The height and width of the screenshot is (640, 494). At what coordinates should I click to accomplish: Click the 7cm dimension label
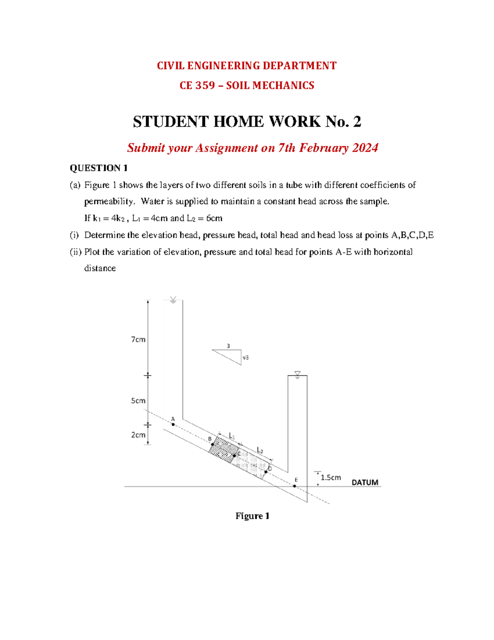point(138,340)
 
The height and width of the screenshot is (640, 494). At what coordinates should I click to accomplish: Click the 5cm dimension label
point(138,401)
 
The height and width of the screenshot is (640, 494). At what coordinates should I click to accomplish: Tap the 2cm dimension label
point(138,435)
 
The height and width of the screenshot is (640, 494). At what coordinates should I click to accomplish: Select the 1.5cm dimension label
point(331,477)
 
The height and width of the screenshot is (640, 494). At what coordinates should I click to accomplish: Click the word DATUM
point(365,482)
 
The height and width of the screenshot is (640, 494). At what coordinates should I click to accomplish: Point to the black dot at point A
point(173,424)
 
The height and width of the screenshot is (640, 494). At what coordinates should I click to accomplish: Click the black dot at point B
point(213,444)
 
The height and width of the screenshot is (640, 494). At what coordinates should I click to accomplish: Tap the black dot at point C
point(235,455)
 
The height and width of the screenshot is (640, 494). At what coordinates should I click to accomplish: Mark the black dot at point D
point(266,472)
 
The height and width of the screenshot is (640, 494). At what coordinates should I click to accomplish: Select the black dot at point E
point(295,486)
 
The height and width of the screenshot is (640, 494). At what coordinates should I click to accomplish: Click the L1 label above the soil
point(232,436)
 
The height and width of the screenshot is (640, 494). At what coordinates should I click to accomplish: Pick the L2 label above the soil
point(260,450)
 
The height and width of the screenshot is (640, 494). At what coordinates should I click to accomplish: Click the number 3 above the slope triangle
point(228,346)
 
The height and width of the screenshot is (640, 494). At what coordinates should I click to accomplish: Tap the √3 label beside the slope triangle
point(245,358)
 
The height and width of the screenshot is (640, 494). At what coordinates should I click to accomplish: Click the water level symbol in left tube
point(173,300)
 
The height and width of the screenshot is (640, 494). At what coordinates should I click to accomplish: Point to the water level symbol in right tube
point(297,375)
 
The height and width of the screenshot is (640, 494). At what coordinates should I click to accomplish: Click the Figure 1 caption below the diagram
point(252,516)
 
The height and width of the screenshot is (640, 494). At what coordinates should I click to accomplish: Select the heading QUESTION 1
point(99,168)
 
